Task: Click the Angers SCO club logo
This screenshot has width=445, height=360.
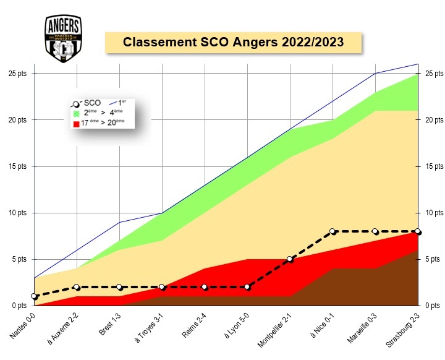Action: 63,38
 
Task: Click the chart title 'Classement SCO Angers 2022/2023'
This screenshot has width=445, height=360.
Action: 233,42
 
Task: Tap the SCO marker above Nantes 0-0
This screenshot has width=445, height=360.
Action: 34,296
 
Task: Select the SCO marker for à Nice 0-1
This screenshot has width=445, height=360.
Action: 333,231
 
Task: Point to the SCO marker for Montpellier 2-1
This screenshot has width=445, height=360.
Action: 290,259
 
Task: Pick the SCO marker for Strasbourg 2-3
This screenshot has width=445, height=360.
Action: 418,231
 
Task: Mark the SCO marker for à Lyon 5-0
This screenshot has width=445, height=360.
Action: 247,287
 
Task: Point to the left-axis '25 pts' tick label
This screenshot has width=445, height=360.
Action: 18,74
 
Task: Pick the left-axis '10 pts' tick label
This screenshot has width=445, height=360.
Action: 18,213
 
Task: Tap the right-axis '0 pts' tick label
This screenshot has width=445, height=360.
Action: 433,306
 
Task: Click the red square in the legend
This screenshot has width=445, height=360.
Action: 77,123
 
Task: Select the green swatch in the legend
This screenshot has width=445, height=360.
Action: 77,113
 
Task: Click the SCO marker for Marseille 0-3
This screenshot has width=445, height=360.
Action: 375,231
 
